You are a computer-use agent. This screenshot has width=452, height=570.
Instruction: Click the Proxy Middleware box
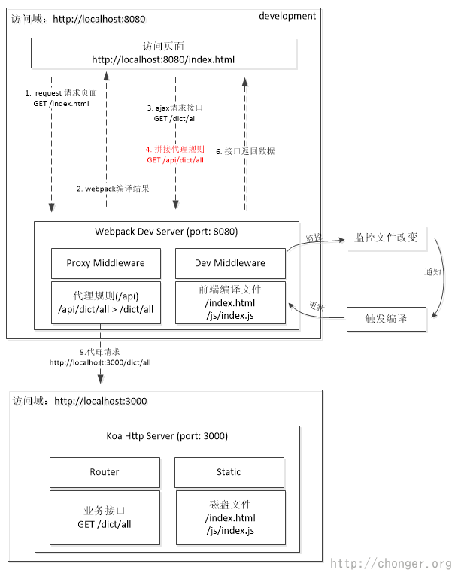(106, 263)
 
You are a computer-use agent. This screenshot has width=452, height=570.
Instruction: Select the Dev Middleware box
(230, 263)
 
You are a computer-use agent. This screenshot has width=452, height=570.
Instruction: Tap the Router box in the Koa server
(105, 472)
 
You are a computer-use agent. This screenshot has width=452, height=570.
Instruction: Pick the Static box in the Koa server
(229, 472)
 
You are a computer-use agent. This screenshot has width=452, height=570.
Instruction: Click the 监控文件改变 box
(387, 238)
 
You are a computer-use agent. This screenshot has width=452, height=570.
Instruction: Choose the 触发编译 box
(387, 319)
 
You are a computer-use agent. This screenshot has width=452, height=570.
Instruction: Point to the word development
(287, 16)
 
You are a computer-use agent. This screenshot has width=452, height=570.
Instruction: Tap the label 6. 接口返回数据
(245, 151)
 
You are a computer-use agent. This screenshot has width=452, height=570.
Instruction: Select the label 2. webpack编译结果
(113, 189)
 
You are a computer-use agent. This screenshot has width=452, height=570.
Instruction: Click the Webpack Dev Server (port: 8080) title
(165, 231)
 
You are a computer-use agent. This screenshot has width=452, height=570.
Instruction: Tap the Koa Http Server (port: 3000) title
(167, 436)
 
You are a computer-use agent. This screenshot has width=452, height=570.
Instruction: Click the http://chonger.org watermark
(390, 563)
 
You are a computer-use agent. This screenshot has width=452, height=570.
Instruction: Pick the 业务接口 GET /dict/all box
(105, 518)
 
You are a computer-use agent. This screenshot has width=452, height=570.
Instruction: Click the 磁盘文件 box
(230, 517)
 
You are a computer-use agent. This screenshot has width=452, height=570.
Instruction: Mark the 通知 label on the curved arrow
(432, 271)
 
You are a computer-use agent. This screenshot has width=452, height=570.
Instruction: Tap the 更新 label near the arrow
(317, 306)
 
